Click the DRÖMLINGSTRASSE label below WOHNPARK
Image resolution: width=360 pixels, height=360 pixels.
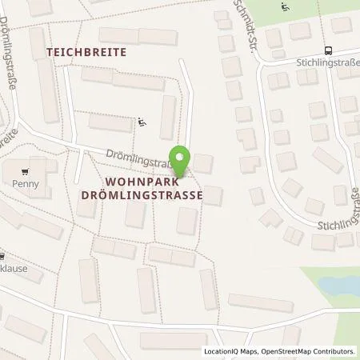[152, 194]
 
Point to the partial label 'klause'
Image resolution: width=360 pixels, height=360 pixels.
[14, 268]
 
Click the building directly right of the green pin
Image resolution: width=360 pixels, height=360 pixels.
[202, 164]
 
